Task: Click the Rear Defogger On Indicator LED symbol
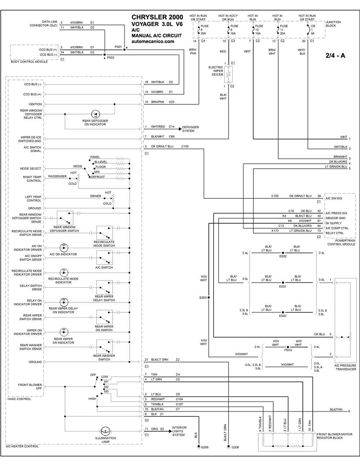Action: (95, 114)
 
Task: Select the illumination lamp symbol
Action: (105, 431)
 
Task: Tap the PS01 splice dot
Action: (124, 50)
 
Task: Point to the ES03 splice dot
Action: (208, 297)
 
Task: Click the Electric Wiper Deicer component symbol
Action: (229, 75)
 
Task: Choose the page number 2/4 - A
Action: (336, 55)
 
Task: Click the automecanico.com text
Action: (153, 41)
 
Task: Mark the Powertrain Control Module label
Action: (341, 242)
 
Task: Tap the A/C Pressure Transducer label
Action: (345, 367)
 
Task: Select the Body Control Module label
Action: (30, 62)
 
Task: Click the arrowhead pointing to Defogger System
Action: (180, 129)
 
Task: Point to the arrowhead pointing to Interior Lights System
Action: (171, 431)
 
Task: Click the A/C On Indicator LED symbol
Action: (64, 248)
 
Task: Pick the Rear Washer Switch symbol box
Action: (104, 347)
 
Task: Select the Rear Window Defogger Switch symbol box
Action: (65, 218)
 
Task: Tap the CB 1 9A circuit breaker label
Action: (312, 30)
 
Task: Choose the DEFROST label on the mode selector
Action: (98, 177)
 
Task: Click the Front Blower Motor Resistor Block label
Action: (334, 436)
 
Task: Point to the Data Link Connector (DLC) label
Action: (44, 24)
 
